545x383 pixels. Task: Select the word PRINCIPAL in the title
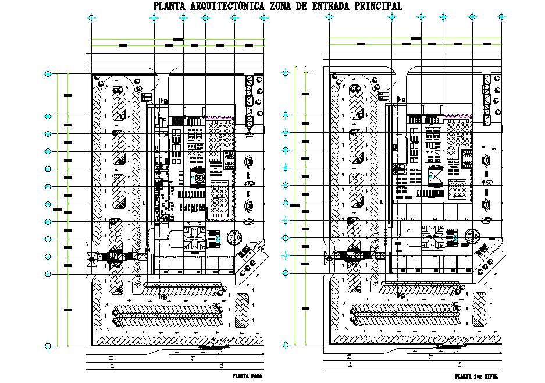(x=373, y=6)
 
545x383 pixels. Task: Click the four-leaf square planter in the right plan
(x=432, y=236)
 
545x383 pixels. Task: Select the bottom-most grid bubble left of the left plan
(x=48, y=346)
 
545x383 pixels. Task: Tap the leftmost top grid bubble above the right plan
(x=329, y=18)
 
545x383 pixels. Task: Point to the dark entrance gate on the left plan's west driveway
(x=116, y=255)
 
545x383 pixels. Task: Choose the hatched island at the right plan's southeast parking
(x=480, y=308)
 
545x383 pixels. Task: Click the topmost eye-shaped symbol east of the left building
(x=250, y=161)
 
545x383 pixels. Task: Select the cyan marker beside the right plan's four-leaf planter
(x=456, y=237)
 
